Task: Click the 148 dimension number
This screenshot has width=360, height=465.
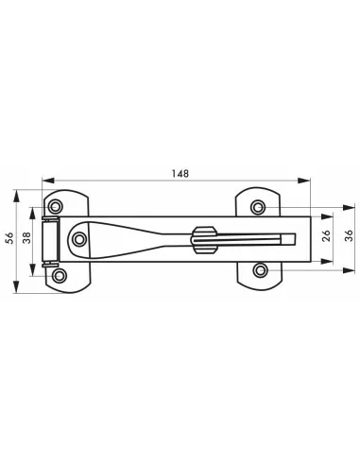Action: (180, 172)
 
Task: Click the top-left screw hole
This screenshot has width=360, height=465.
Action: (56, 205)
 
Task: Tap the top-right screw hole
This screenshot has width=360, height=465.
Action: (258, 207)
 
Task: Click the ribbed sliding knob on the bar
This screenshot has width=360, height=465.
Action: (202, 240)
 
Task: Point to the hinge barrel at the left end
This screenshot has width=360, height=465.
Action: (53, 240)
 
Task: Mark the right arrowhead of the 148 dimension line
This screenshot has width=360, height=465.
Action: (310, 181)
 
